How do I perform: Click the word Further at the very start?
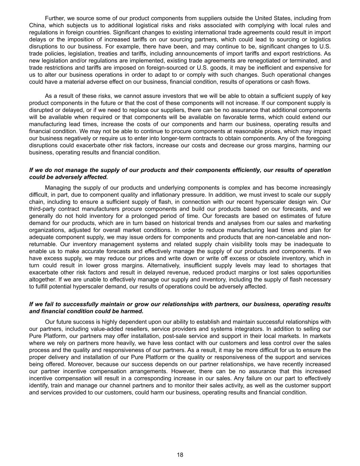pyautogui.click(x=54, y=18)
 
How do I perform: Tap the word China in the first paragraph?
pyautogui.click(x=37, y=25)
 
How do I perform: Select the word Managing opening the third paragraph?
pyautogui.click(x=56, y=188)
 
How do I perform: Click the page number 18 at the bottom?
pyautogui.click(x=180, y=455)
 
